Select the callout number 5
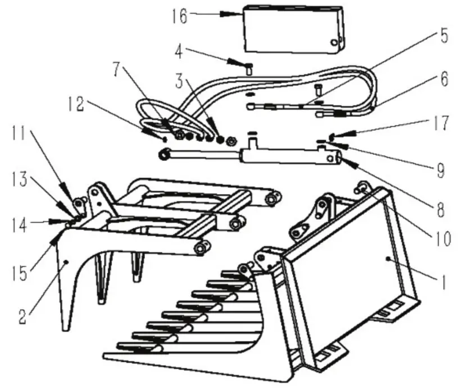[x=443, y=37]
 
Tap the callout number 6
[x=443, y=80]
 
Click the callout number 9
[x=440, y=169]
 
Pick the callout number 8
[x=440, y=210]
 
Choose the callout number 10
[x=442, y=239]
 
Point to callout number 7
[x=116, y=71]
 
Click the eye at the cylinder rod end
[x=164, y=154]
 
